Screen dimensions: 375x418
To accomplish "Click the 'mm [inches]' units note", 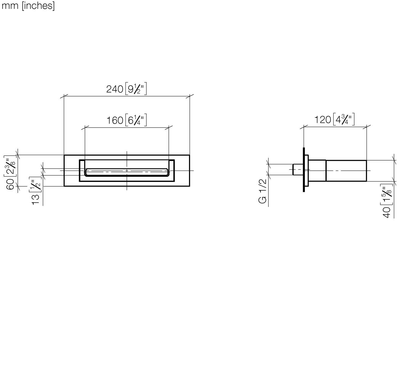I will click(28, 6).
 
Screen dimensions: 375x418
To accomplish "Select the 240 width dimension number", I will click(115, 89).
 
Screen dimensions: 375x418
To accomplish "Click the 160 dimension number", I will click(115, 120).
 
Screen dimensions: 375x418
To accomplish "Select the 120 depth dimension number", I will click(323, 120).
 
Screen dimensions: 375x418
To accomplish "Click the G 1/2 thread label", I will click(263, 191).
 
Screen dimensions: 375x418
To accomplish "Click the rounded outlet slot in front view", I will click(127, 172).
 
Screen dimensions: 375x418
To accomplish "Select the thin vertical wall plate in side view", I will click(303, 169).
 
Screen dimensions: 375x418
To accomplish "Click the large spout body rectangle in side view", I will click(346, 171).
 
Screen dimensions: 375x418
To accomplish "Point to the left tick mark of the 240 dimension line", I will click(64, 97).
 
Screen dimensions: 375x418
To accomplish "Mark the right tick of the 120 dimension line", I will click(366, 128).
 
